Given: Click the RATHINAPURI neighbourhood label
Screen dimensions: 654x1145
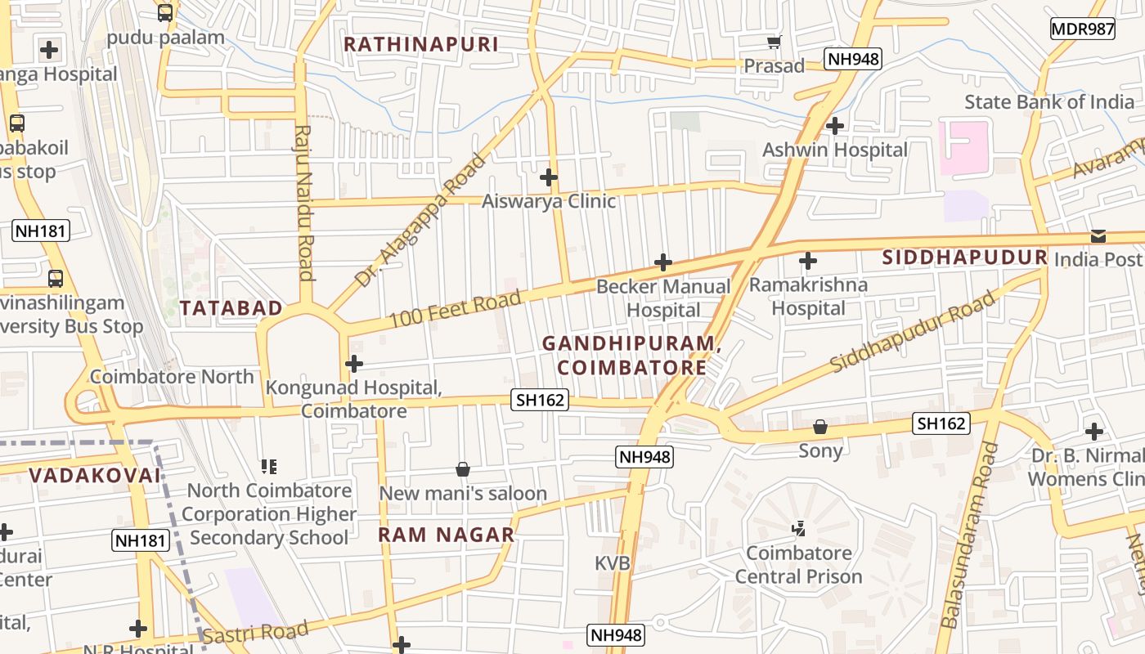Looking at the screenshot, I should point(420,44).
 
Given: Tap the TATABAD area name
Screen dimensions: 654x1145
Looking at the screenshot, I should point(231,308).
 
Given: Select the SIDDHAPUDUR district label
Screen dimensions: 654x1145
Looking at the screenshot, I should point(964,258).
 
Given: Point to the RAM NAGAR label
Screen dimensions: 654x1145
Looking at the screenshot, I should point(446,535).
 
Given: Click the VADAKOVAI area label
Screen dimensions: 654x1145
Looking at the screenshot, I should point(95,475).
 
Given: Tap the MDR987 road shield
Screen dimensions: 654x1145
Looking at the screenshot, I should point(1082,29).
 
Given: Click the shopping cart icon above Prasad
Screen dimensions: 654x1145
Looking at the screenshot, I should point(774,42).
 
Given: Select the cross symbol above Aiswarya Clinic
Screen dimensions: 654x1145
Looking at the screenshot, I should point(549,177).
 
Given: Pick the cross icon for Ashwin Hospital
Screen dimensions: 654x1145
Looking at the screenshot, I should point(835,126).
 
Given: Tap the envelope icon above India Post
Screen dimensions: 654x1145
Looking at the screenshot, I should point(1098,236).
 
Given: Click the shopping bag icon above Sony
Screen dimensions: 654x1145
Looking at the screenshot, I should point(820,427).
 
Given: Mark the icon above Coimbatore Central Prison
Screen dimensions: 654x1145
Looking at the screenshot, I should point(799,529).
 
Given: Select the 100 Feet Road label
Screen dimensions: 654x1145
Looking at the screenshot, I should point(455,309).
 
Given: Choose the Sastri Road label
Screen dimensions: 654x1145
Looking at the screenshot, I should point(255,633).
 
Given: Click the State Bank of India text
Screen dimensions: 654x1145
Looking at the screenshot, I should point(1048,102).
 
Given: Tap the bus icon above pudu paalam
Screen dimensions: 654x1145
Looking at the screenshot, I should point(165,13).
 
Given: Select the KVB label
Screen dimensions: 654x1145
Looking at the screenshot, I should point(612,563).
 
